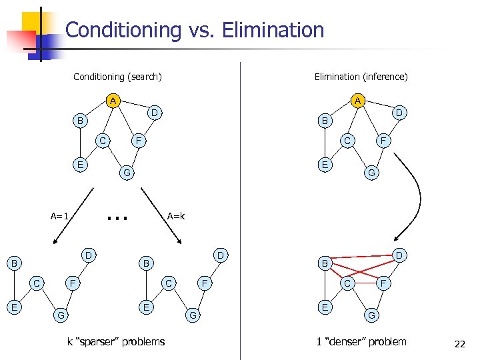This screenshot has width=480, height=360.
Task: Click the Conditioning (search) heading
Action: [117, 77]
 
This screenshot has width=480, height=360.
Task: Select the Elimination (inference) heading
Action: [361, 77]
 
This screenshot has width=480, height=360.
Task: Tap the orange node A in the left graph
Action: [114, 101]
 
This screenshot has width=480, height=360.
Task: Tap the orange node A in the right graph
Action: [358, 101]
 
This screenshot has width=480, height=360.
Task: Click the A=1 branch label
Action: [60, 216]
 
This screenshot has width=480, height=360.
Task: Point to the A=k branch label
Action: [176, 216]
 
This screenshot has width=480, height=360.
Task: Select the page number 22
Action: [459, 344]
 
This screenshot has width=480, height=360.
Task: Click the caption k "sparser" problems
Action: [116, 342]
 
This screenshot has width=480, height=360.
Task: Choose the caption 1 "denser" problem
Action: [361, 342]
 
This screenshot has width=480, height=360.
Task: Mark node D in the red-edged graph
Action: [398, 255]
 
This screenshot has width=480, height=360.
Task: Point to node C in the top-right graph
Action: [347, 141]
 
